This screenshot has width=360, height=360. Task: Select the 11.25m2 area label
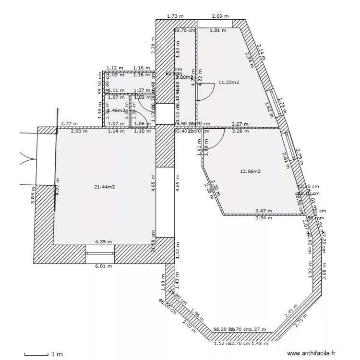click(228, 83)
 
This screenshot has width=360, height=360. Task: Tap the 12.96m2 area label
click(250, 171)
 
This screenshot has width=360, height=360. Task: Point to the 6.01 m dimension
click(103, 266)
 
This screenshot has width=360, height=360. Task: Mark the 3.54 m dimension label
click(264, 218)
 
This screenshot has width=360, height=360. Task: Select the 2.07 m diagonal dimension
click(190, 328)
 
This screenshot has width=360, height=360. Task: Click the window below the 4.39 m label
click(99, 249)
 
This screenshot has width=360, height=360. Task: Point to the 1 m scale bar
click(36, 354)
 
